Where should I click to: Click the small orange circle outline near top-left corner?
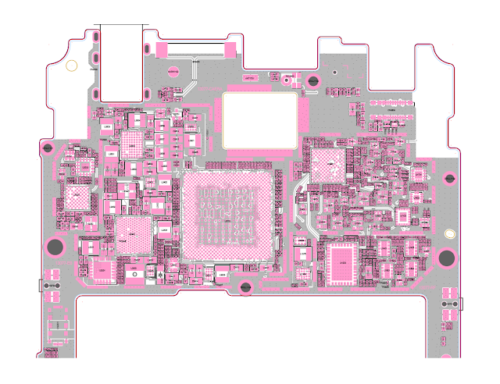(x=71, y=66)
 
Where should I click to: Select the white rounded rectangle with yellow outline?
(x=260, y=120)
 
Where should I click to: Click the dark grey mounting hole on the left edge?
(x=55, y=248)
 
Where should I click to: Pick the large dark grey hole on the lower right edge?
(x=448, y=258)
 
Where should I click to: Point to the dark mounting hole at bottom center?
(x=245, y=287)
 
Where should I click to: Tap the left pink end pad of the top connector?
(x=162, y=49)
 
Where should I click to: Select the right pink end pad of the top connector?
(x=230, y=49)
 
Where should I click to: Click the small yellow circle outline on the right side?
(x=449, y=233)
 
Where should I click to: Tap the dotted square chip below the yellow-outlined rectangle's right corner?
(x=327, y=163)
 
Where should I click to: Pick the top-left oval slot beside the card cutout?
(x=95, y=37)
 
